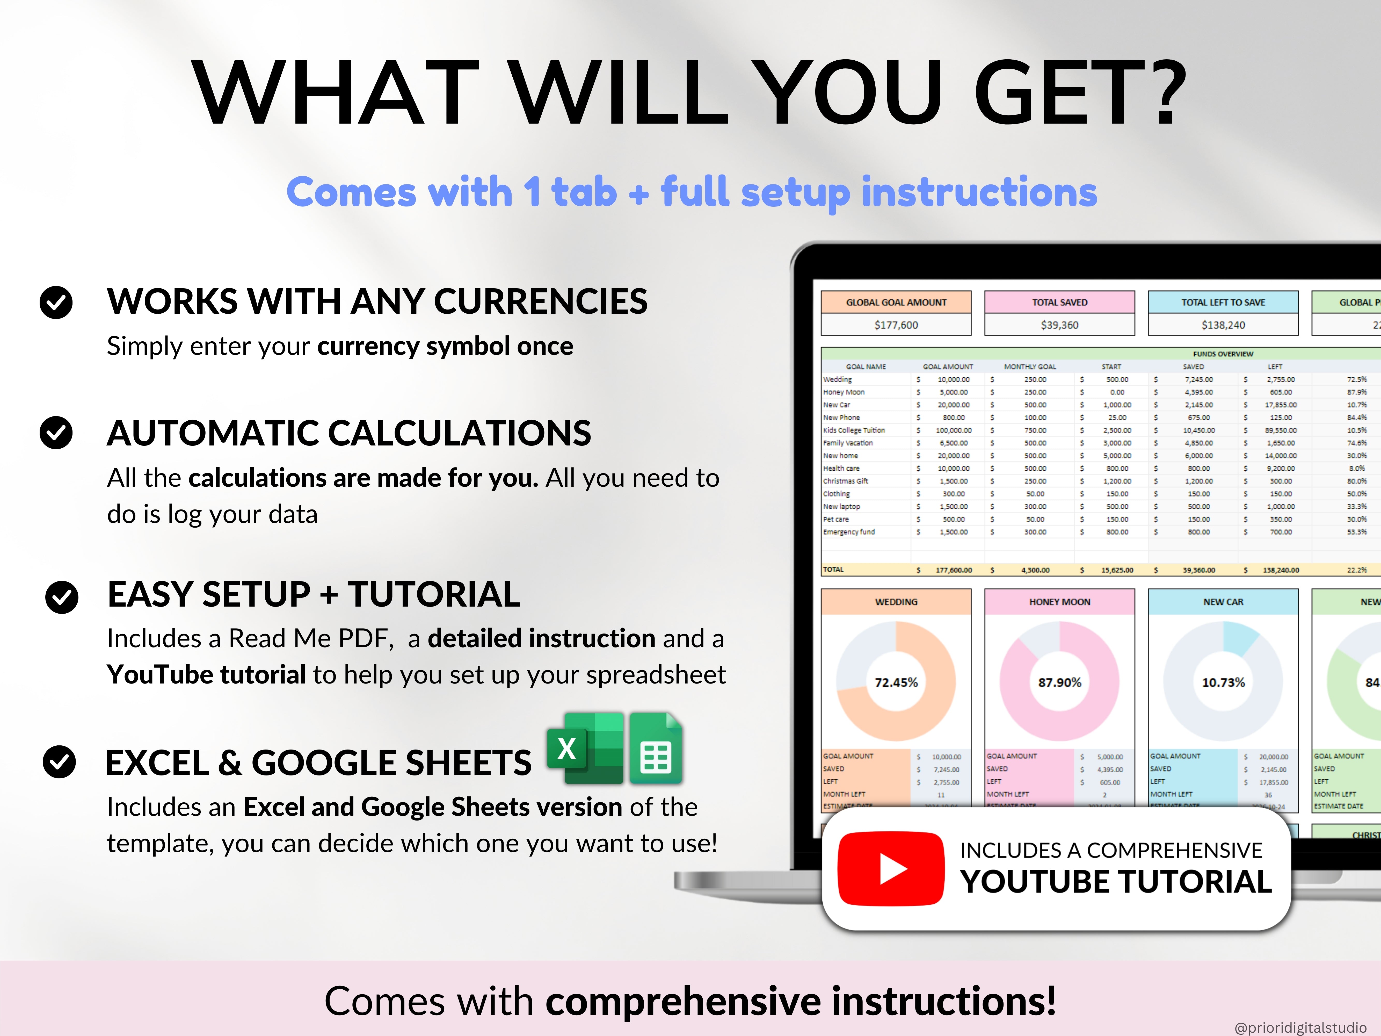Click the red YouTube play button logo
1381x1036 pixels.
890,869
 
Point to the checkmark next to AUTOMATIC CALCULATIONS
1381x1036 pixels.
56,433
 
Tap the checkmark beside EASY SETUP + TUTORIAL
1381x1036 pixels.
62,597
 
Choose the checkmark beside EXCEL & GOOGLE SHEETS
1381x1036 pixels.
59,762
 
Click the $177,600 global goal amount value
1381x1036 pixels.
896,325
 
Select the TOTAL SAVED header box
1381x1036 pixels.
1059,302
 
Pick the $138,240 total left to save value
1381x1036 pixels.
1223,325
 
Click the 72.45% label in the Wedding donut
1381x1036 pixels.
896,682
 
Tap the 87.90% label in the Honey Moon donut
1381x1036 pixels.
1059,682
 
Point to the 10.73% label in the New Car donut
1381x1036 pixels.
1223,682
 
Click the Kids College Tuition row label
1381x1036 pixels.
853,430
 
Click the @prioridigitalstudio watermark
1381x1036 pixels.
1300,1027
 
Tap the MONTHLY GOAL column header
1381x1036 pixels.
1029,366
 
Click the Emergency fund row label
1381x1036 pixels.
848,532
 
